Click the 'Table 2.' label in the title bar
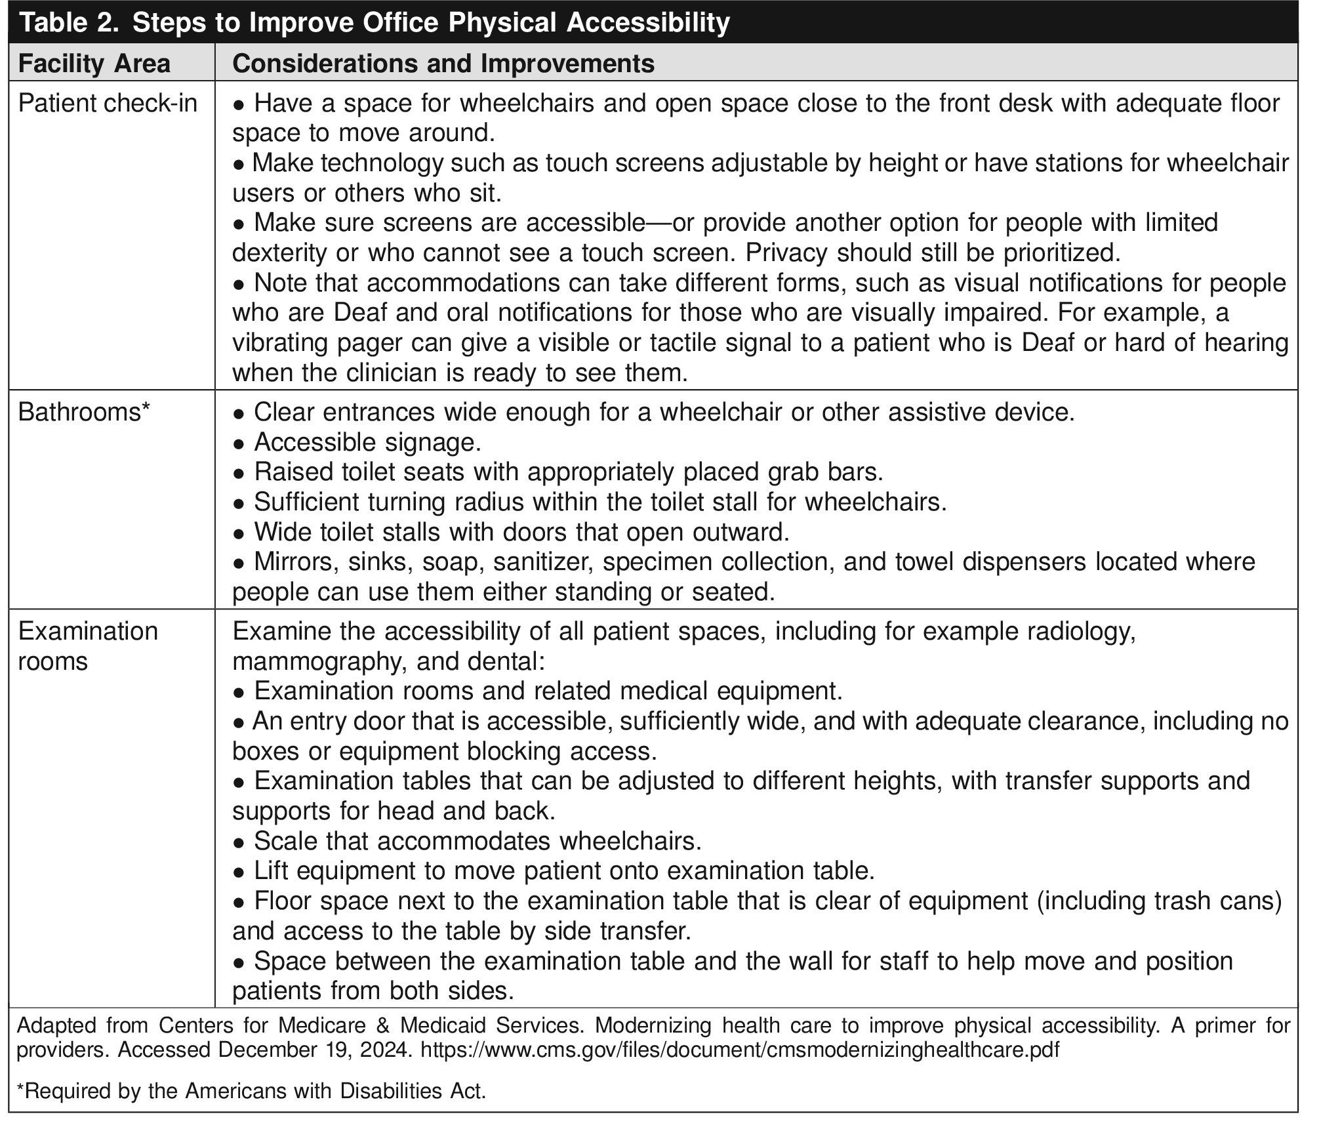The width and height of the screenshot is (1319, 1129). (68, 23)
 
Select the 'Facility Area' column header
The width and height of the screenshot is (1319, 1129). (94, 64)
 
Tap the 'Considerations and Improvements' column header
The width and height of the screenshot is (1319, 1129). (443, 64)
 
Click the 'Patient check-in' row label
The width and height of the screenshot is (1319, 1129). (108, 104)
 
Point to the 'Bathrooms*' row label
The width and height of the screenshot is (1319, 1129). (84, 412)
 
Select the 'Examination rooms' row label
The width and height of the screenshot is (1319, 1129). (88, 646)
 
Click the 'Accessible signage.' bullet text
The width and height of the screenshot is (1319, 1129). (367, 442)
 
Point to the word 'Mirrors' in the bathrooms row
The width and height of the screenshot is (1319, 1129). (294, 562)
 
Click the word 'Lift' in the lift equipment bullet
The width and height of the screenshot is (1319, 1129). (272, 871)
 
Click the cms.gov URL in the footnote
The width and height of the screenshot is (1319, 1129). (739, 1050)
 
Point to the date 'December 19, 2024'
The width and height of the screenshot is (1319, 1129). (315, 1050)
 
